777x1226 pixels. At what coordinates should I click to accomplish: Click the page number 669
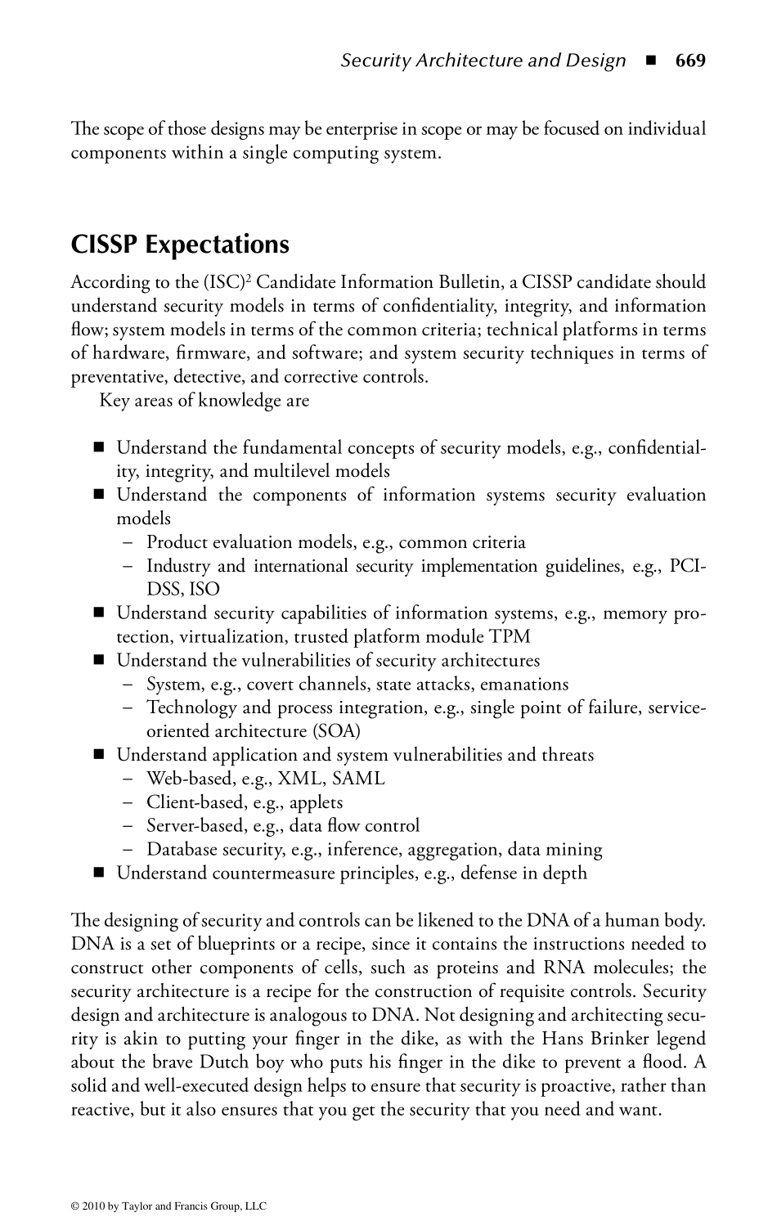tap(690, 61)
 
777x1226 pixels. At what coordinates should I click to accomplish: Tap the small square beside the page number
tap(650, 61)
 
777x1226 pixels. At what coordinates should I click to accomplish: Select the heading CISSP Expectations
tap(180, 245)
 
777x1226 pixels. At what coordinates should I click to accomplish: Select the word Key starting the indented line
tap(114, 401)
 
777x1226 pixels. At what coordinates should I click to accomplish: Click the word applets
tap(317, 802)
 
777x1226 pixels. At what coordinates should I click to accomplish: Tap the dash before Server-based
tap(128, 826)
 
